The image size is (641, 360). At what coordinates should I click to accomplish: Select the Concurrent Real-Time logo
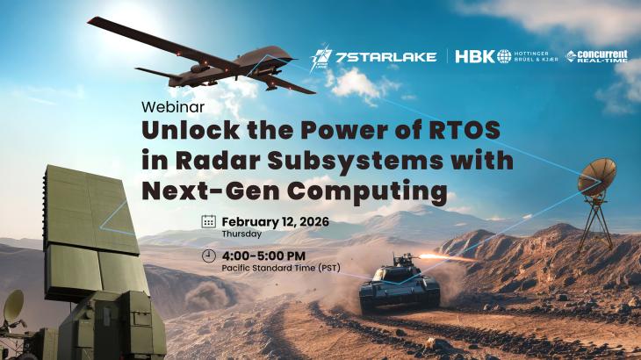596,56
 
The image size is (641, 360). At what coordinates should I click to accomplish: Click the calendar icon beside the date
208,221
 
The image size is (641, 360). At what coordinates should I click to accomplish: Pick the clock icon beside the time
208,256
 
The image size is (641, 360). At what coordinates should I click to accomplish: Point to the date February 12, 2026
275,220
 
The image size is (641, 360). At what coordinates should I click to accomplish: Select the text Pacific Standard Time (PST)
280,268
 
